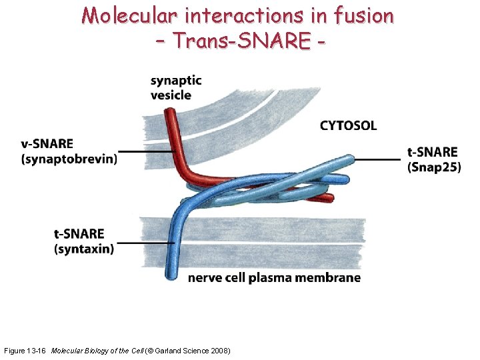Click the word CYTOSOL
348,125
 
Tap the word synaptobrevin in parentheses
69,159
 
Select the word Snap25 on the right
434,167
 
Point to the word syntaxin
84,249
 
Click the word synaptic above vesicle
176,81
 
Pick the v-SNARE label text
48,144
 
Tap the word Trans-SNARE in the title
241,41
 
